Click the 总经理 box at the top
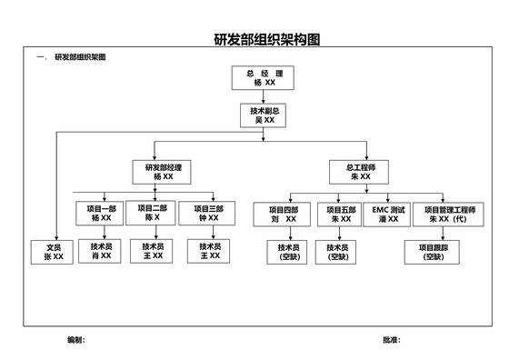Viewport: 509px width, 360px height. (264, 78)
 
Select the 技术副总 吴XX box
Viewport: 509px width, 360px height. (264, 115)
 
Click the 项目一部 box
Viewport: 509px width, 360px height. (100, 214)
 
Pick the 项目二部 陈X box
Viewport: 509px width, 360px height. (148, 214)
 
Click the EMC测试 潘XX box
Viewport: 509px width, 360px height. (388, 215)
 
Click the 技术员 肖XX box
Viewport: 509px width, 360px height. (100, 252)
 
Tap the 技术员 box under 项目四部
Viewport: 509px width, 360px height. (288, 252)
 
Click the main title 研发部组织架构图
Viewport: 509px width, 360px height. (267, 40)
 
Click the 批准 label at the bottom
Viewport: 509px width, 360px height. (391, 339)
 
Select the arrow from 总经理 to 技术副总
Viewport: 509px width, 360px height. (264, 97)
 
